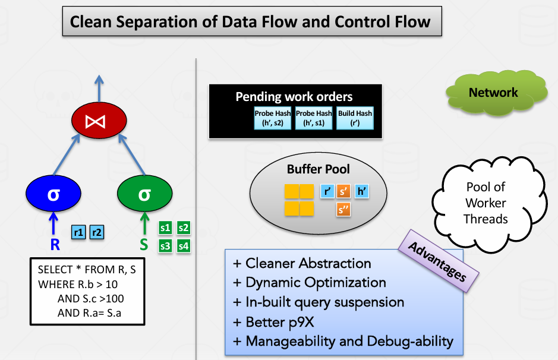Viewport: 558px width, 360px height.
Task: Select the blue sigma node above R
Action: tap(54, 194)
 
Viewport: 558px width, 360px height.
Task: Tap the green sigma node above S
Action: tap(144, 194)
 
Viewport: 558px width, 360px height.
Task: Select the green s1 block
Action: tap(166, 228)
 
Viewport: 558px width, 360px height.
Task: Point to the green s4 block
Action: tap(184, 245)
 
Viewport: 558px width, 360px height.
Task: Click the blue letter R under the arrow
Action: tap(54, 244)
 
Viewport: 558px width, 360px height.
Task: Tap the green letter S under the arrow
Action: tap(144, 244)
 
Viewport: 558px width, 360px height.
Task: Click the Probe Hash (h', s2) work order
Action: tap(272, 118)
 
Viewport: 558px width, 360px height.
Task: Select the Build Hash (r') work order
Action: tap(355, 118)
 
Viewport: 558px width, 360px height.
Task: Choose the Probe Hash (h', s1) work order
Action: tap(314, 118)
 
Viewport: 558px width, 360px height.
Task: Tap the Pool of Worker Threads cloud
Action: tap(486, 203)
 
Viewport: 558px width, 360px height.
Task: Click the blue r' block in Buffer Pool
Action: tap(327, 191)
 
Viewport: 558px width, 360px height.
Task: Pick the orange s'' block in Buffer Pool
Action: tap(343, 209)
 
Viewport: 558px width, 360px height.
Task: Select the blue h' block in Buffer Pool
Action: tap(361, 191)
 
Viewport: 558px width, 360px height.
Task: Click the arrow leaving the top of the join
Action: tap(99, 89)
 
